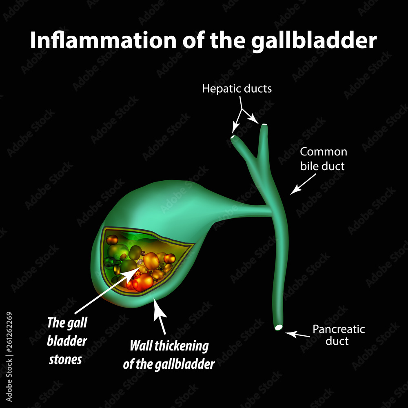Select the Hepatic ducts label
pos(237,89)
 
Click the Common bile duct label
pos(323,159)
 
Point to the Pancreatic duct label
pos(338,335)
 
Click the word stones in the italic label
pos(65,359)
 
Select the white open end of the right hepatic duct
pos(264,124)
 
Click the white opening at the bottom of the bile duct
pos(279,327)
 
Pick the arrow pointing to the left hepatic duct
pos(237,122)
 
